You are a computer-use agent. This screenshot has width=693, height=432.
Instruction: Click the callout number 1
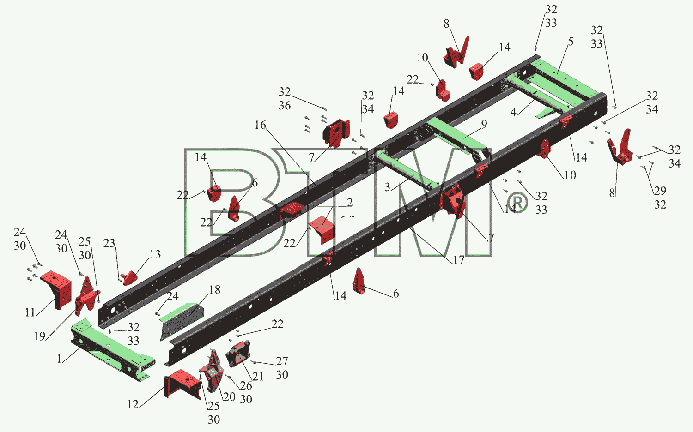(59, 359)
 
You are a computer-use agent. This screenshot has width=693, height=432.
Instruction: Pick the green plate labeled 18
(182, 321)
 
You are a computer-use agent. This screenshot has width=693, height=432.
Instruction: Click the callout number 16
(260, 125)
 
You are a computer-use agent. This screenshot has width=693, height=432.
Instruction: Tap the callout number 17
(458, 260)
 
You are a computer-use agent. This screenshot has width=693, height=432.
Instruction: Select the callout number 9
(484, 124)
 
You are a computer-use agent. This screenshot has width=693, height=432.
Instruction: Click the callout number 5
(571, 42)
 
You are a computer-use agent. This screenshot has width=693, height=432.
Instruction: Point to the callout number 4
(513, 112)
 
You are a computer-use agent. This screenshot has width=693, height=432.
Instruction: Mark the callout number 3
(387, 187)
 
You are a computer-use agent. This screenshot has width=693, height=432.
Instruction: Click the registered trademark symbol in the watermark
(518, 203)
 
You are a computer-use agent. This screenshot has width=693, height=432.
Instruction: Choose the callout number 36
(285, 105)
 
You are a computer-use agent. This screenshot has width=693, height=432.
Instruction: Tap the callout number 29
(660, 191)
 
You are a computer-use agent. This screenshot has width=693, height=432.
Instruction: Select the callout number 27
(282, 361)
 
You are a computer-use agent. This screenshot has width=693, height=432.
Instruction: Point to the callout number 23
(109, 243)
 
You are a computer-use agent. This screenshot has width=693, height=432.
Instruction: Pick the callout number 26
(246, 385)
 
